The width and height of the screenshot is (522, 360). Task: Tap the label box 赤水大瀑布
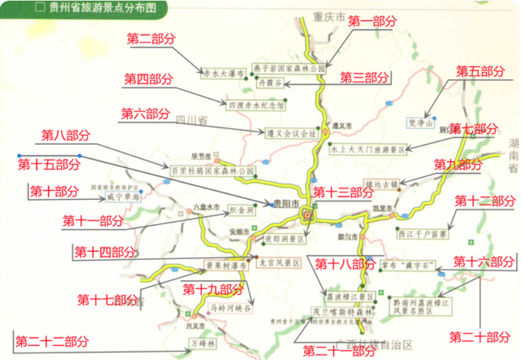point(223,73)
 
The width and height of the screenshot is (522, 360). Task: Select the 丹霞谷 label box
point(270,83)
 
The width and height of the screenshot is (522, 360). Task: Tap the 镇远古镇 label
point(381,184)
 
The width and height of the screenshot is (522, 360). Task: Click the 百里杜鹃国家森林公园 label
point(212,171)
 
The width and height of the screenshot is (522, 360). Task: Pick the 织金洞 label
point(241,209)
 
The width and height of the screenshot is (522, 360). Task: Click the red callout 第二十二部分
point(52,342)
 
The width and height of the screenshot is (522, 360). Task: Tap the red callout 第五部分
point(481,70)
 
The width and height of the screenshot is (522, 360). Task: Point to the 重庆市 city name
point(331,18)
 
